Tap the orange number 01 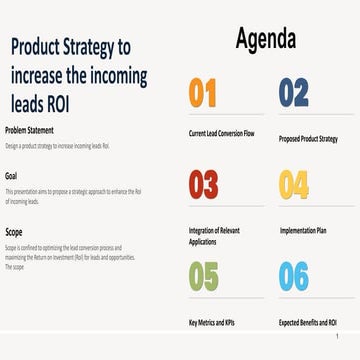[x=202, y=93]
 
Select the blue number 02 [x=293, y=93]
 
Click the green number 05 [x=203, y=275]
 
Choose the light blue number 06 [x=294, y=275]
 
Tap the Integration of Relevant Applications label [x=214, y=234]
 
